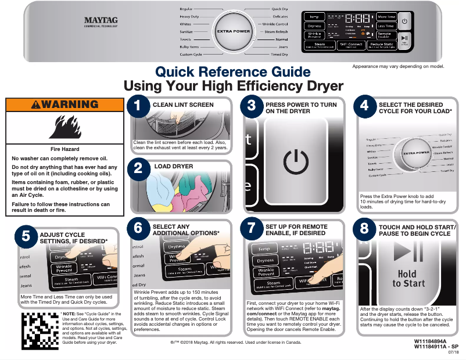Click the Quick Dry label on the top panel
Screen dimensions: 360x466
point(279,9)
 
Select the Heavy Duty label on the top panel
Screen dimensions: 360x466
point(189,17)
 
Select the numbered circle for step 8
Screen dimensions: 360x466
point(364,228)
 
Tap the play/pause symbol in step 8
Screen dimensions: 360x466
point(408,252)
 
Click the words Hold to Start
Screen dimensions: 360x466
point(408,278)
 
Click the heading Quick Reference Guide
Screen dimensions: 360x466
point(233,72)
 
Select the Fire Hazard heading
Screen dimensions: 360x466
point(61,149)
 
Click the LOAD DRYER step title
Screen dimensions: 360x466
point(173,166)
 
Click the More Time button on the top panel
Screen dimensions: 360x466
point(386,17)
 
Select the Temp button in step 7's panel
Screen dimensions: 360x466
point(264,249)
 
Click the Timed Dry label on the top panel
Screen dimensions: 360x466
point(279,54)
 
